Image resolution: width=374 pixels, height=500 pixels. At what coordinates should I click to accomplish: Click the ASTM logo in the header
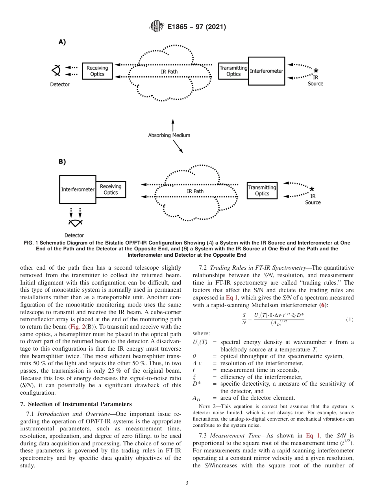157,27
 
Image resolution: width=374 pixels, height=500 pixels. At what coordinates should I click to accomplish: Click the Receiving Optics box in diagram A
97,71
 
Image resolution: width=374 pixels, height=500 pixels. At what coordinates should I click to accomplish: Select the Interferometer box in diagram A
267,71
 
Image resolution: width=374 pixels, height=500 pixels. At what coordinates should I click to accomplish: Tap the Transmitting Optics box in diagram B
262,191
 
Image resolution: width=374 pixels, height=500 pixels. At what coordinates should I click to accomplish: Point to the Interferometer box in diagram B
78,189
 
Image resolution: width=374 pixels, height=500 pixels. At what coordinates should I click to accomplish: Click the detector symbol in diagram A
57,71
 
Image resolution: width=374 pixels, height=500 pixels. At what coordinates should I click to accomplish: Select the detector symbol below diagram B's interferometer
75,223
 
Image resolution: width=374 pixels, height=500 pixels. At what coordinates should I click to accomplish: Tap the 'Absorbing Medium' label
169,135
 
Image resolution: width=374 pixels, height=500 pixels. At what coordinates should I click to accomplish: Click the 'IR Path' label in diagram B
195,191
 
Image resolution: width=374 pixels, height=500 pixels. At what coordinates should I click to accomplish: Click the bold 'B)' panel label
62,162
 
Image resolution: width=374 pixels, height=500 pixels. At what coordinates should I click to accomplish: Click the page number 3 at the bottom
187,483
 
